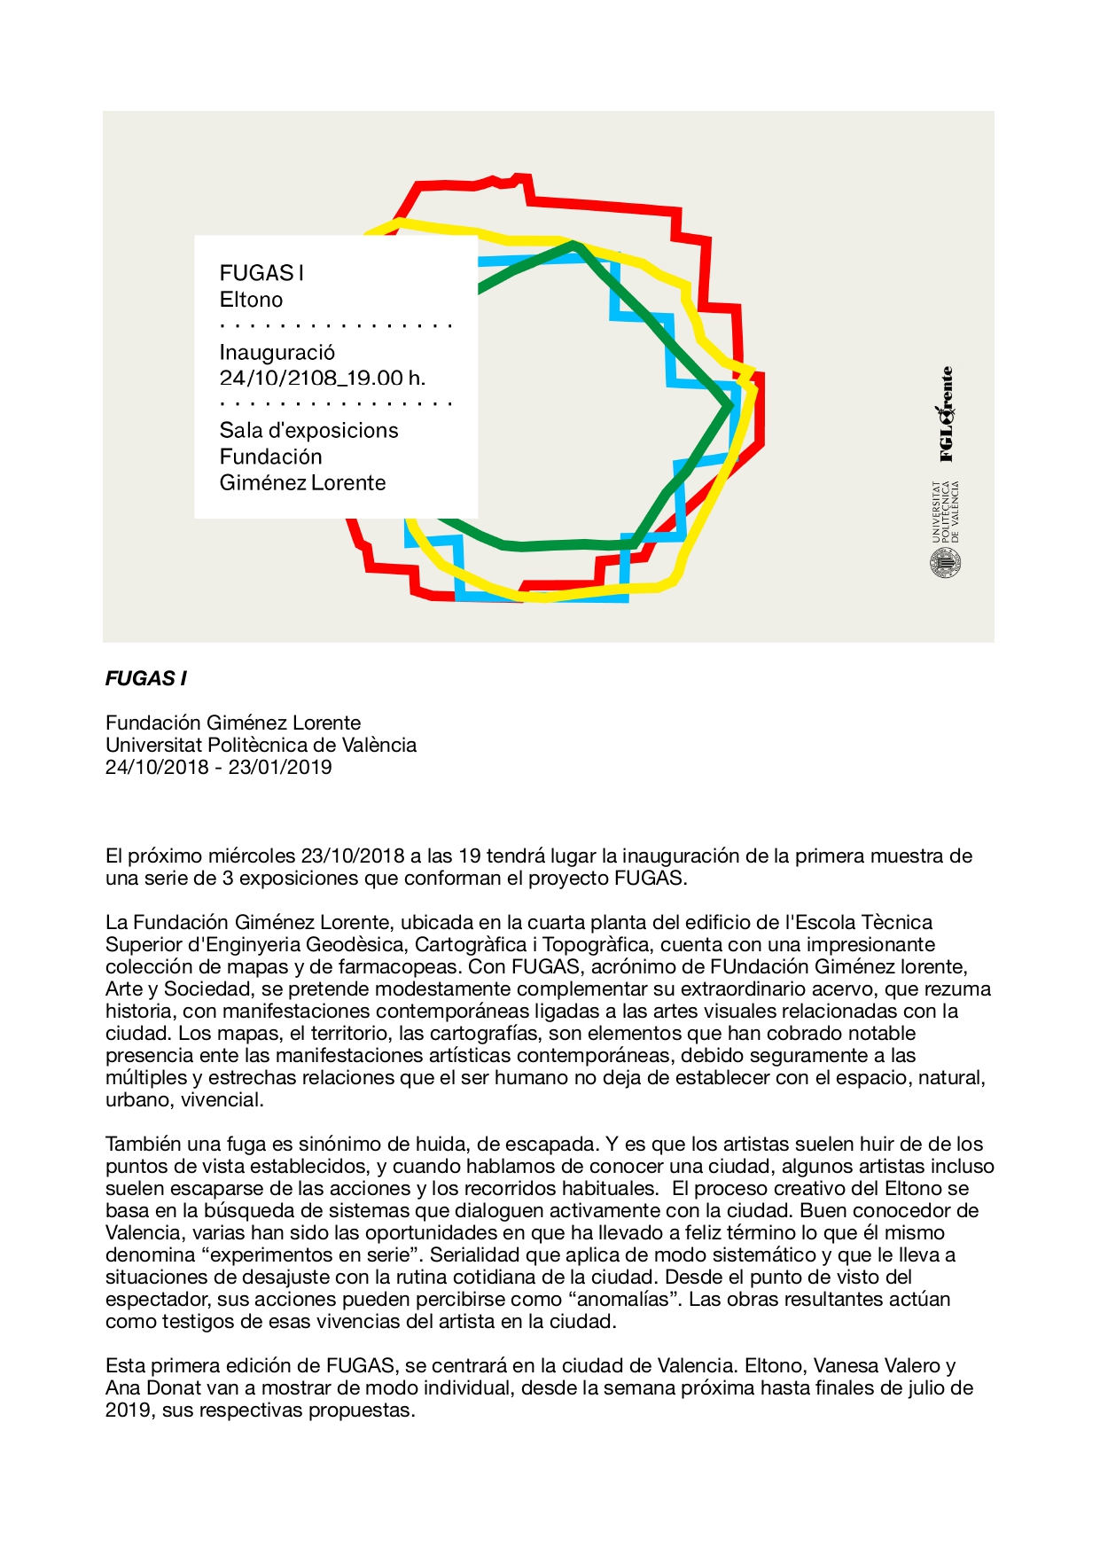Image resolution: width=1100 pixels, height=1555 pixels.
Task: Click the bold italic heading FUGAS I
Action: pyautogui.click(x=146, y=679)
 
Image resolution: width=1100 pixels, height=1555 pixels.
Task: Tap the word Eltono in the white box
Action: pyautogui.click(x=251, y=300)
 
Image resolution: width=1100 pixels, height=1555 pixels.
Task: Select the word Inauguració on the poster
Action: pyautogui.click(x=277, y=352)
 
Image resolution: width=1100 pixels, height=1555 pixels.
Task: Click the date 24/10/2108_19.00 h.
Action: pyautogui.click(x=323, y=378)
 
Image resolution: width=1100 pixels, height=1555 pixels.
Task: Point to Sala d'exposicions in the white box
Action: pyautogui.click(x=308, y=430)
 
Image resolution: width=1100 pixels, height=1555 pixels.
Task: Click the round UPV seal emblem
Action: pyautogui.click(x=946, y=563)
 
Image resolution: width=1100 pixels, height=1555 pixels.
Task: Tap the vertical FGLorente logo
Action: pyautogui.click(x=946, y=415)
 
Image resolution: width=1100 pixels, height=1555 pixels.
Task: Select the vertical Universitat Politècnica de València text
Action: pyautogui.click(x=946, y=512)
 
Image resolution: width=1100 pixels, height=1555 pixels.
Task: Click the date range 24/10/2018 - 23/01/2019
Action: pyautogui.click(x=218, y=768)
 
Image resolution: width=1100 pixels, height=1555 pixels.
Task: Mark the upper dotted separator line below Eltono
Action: pyautogui.click(x=336, y=326)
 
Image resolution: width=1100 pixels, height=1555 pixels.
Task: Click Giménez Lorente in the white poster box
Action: pyautogui.click(x=302, y=483)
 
